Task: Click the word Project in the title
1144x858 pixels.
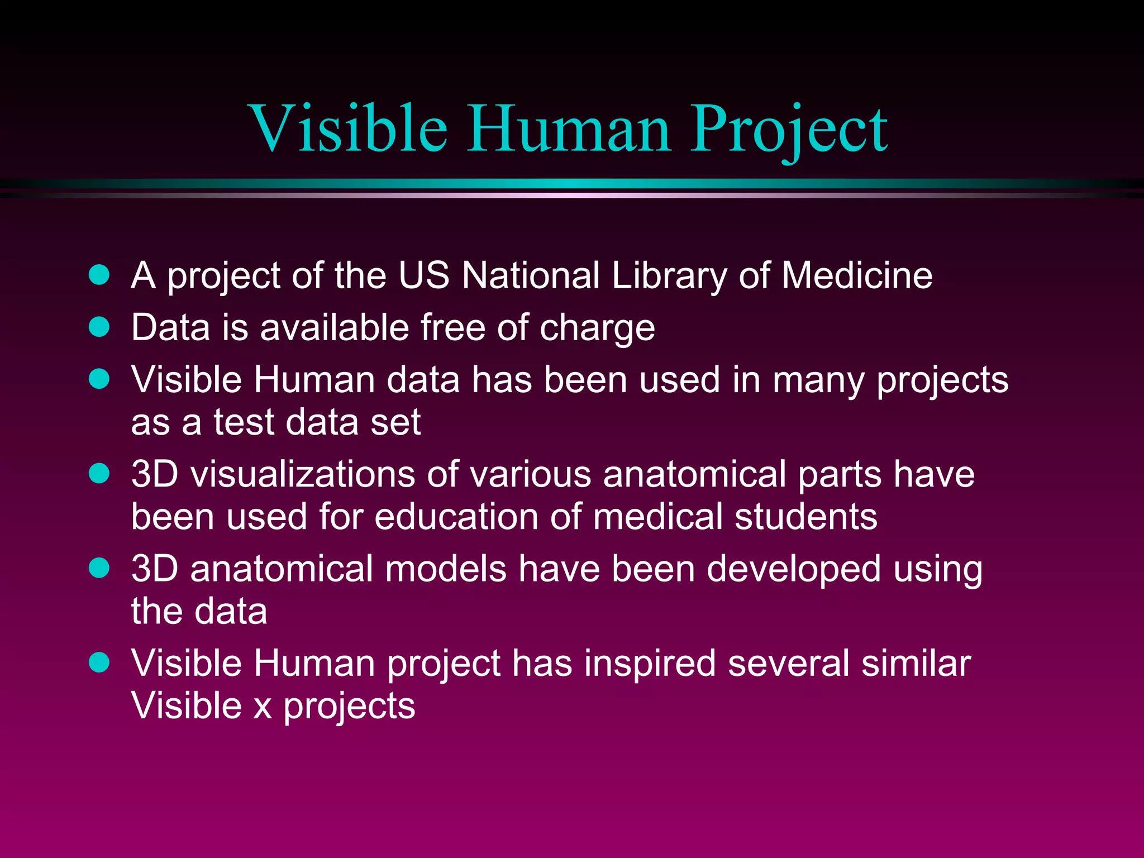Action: pyautogui.click(x=789, y=130)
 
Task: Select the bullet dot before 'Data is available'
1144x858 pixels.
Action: pyautogui.click(x=99, y=327)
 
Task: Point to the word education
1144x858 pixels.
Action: pyautogui.click(x=456, y=517)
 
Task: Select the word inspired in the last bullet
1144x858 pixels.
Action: pyautogui.click(x=650, y=664)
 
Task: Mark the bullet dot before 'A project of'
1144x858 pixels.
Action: pyautogui.click(x=99, y=275)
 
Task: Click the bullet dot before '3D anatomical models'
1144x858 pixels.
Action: pyautogui.click(x=99, y=568)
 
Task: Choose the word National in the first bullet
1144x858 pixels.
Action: pyautogui.click(x=531, y=275)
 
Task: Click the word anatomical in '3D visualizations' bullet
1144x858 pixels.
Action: pyautogui.click(x=694, y=474)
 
